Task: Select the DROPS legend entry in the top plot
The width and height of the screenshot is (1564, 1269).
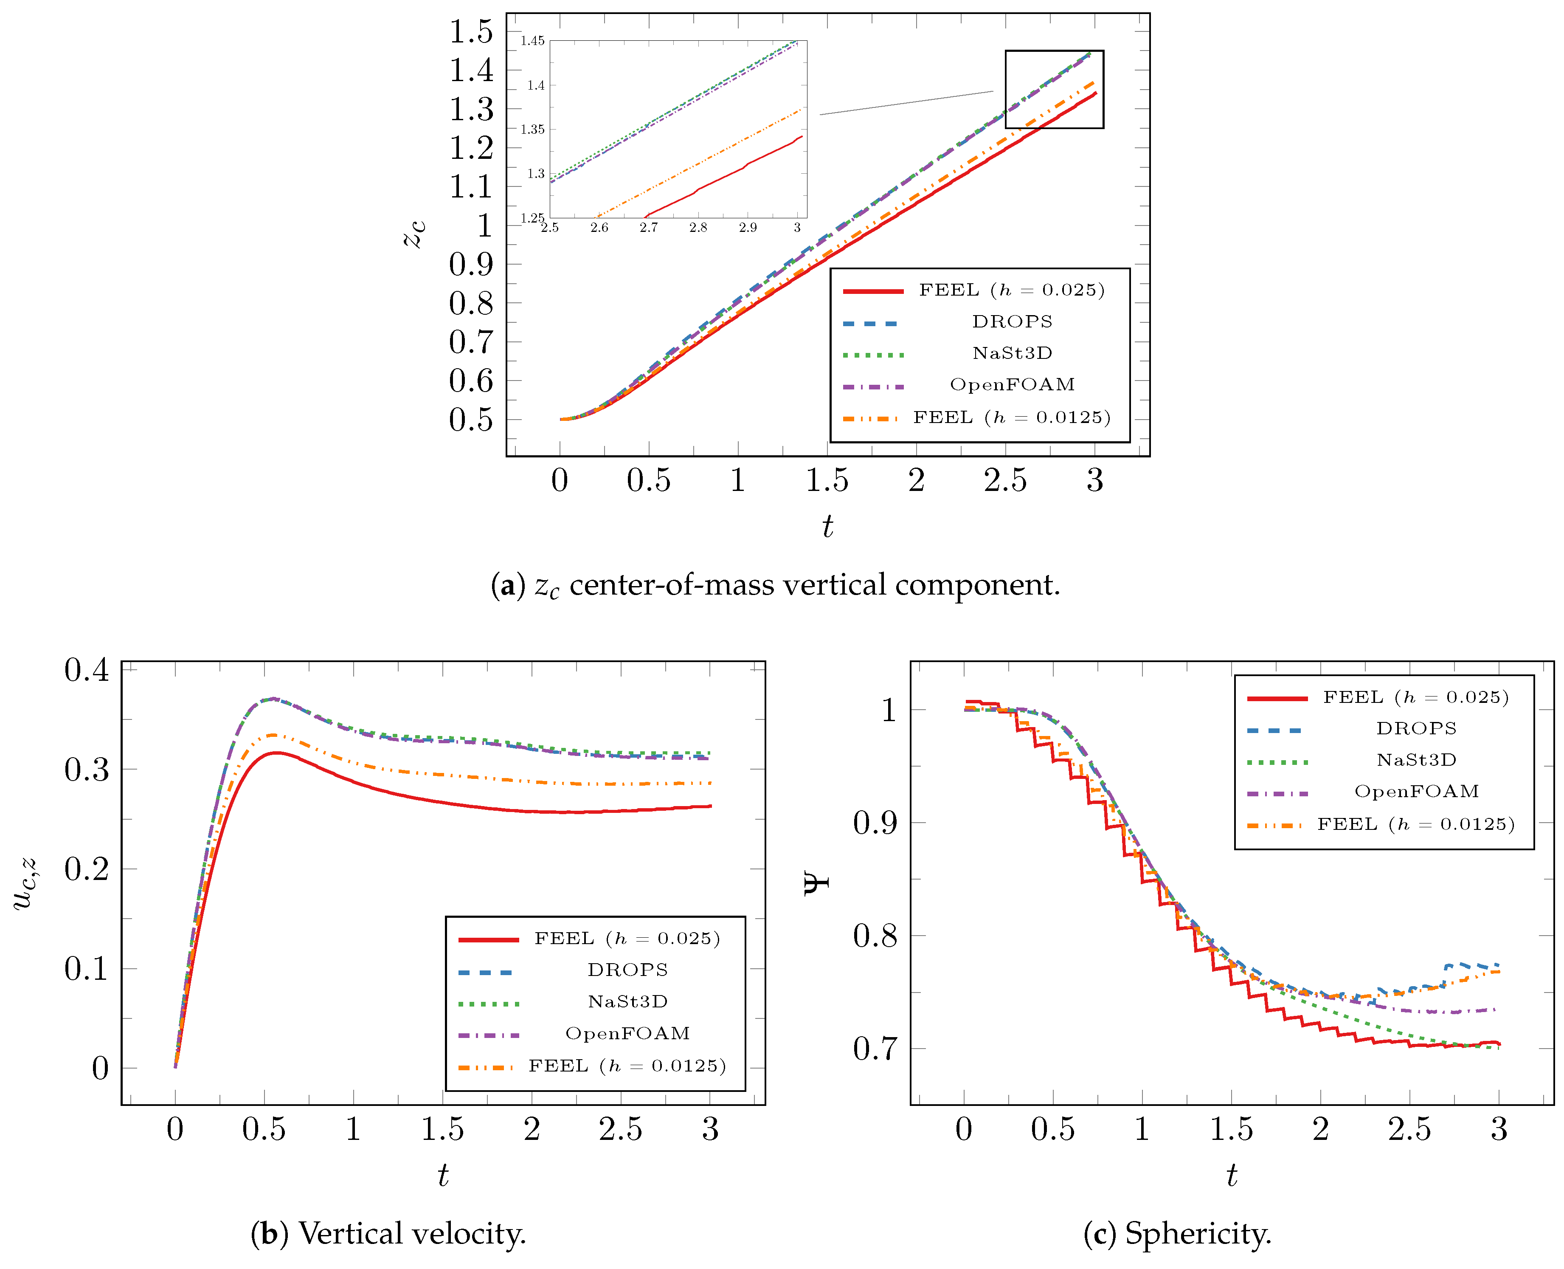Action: tap(1012, 321)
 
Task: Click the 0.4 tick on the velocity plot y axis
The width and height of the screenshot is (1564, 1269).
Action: tap(86, 670)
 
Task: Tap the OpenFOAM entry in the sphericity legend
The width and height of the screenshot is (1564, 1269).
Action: tap(1416, 792)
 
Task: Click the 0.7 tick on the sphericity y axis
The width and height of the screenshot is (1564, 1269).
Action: tap(875, 1049)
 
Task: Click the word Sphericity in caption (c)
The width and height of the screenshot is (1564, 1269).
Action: tap(1198, 1234)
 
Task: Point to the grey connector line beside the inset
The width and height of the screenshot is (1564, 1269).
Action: tap(906, 103)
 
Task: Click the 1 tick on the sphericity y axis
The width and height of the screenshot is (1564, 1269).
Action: tap(889, 710)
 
